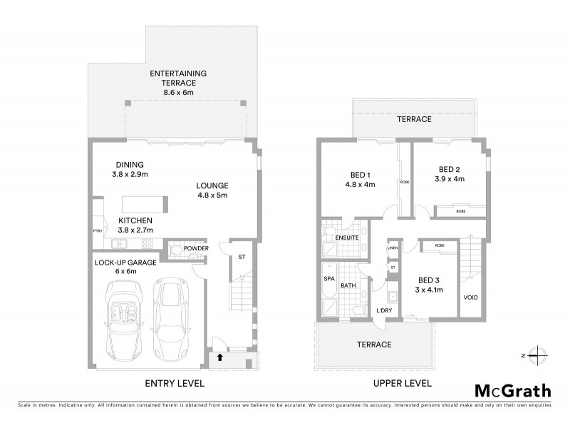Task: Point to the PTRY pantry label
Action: [x=98, y=231]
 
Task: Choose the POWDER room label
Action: [x=196, y=248]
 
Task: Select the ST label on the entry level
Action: [x=242, y=257]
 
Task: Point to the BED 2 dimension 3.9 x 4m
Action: [x=450, y=179]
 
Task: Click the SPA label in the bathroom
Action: [x=329, y=279]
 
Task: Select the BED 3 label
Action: [x=429, y=280]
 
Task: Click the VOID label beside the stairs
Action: [x=470, y=297]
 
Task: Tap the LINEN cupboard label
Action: [x=393, y=248]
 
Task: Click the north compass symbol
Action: [x=539, y=355]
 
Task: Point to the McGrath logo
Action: [x=512, y=390]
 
